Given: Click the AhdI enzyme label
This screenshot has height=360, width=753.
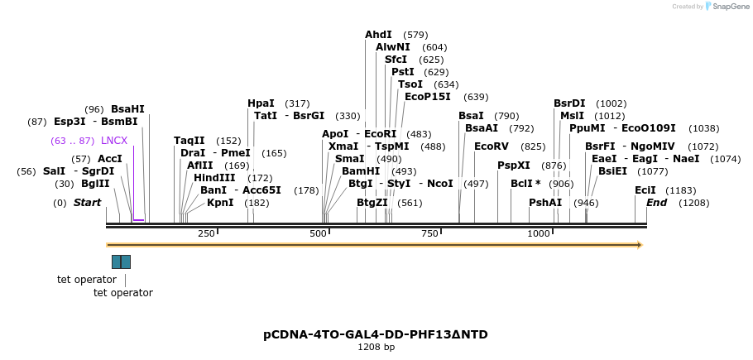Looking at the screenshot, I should [378, 35].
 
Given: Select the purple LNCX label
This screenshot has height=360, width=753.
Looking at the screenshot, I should [114, 141].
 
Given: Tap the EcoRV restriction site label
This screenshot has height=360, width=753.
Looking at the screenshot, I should [492, 146].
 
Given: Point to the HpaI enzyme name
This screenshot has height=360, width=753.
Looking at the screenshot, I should [261, 103].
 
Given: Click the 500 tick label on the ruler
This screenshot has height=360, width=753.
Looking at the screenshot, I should [318, 234].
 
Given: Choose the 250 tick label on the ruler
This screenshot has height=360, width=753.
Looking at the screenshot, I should [206, 234].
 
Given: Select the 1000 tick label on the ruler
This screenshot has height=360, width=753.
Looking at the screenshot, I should [538, 234].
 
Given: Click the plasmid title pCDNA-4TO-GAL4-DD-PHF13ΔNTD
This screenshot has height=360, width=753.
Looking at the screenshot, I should [376, 334].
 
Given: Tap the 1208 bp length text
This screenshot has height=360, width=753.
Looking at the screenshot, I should [376, 347].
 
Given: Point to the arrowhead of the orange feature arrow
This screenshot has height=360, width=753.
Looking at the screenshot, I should [639, 245].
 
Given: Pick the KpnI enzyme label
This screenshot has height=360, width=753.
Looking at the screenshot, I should [220, 203].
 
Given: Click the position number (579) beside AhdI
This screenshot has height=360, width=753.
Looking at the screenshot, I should [415, 35].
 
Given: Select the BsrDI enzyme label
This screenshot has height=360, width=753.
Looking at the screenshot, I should [569, 103].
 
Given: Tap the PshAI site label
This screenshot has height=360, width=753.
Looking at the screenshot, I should [545, 203].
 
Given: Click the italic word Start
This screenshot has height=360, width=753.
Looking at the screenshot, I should [87, 203].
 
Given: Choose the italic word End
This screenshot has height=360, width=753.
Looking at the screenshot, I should [656, 203].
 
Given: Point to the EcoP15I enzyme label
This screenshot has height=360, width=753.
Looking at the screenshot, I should [428, 97].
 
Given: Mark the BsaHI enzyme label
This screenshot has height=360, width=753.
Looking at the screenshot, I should [127, 109].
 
